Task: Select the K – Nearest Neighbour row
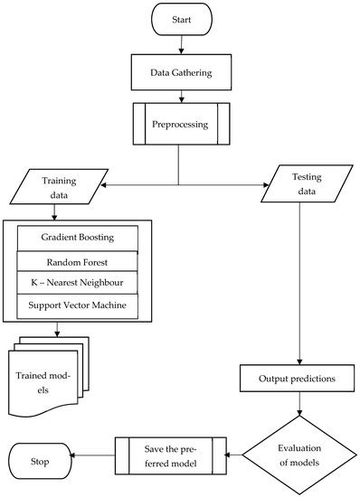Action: [x=78, y=283]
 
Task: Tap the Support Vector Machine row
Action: [x=78, y=306]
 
